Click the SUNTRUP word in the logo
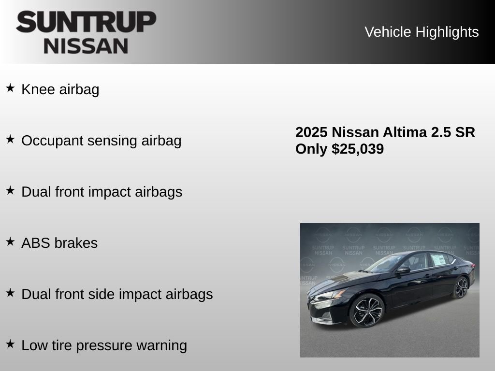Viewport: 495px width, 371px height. (86, 22)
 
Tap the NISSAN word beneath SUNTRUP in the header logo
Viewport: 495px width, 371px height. (86, 46)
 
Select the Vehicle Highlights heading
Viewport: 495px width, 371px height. (422, 32)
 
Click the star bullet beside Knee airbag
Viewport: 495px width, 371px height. (10, 88)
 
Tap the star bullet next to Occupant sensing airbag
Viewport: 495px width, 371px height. (10, 139)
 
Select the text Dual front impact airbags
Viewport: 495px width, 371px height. (102, 192)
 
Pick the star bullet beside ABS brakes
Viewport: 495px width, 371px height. (10, 242)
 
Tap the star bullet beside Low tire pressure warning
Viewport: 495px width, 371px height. (10, 344)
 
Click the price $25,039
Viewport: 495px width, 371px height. (358, 149)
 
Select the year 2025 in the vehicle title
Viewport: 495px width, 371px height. (312, 132)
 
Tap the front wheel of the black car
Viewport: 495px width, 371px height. (366, 311)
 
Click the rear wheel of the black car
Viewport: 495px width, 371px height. (461, 288)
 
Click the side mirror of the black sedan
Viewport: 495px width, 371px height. (403, 270)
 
